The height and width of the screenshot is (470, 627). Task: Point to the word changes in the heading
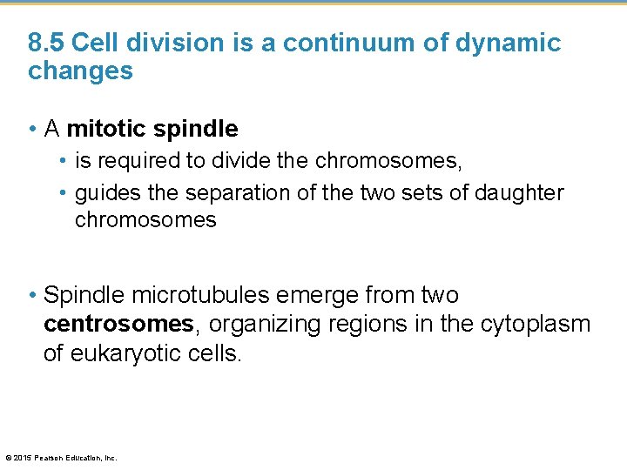[x=80, y=71]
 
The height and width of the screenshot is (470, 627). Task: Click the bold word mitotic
[x=105, y=129]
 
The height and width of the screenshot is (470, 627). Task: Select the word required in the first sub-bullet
[x=133, y=161]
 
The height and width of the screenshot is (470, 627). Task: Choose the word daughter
[x=519, y=191]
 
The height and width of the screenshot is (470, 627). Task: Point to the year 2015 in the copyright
[x=23, y=458]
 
